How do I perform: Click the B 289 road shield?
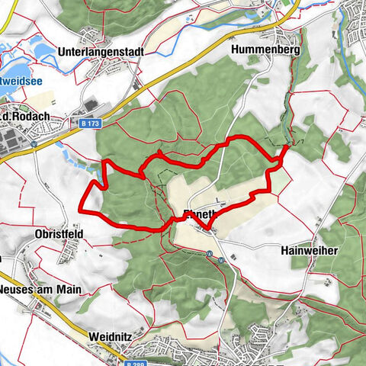pos(132,362)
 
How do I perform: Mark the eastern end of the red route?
pos(284,147)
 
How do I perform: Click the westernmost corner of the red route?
pos(82,204)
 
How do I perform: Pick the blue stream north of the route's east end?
pos(291,91)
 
